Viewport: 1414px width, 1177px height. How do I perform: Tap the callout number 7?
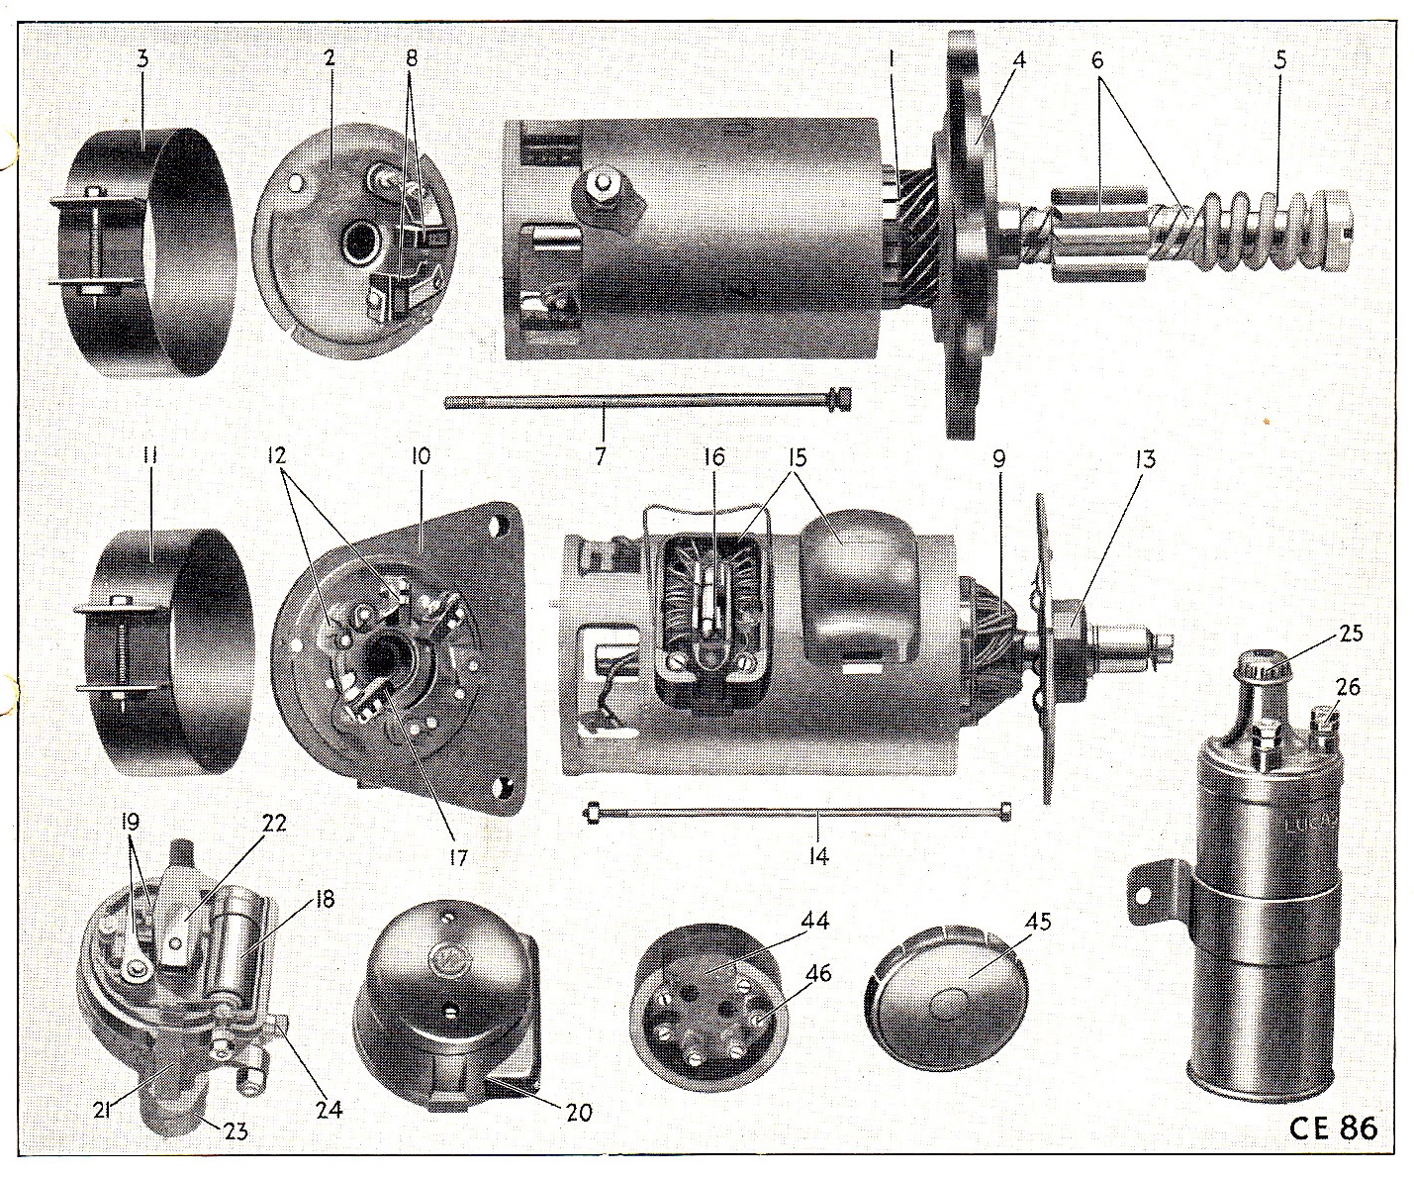(600, 456)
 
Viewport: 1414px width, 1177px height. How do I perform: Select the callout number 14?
(818, 856)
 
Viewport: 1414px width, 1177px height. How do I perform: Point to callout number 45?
(1037, 921)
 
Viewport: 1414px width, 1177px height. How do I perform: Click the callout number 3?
(142, 58)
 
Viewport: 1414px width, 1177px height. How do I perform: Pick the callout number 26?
(1348, 687)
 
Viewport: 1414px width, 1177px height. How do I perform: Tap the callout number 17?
(458, 858)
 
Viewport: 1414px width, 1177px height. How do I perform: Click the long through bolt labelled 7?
(648, 401)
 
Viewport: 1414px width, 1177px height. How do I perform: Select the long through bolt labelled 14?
(800, 811)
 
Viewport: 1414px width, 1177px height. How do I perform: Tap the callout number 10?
(421, 456)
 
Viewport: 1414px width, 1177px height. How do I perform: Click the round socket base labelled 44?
(709, 1010)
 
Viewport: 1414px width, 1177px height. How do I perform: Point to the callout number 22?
(273, 824)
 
